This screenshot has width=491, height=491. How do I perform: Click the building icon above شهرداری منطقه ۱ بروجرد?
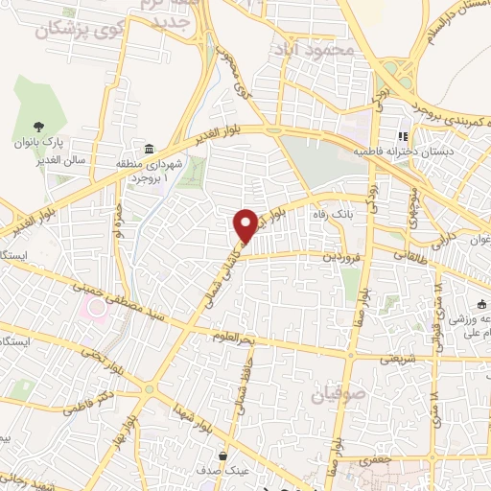[149, 149]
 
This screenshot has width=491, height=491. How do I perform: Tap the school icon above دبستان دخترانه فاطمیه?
[402, 137]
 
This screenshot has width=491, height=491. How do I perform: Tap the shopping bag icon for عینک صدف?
[223, 455]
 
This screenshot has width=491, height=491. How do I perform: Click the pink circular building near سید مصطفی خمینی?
[93, 307]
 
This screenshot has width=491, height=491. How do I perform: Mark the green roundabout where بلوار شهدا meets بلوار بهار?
[150, 388]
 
